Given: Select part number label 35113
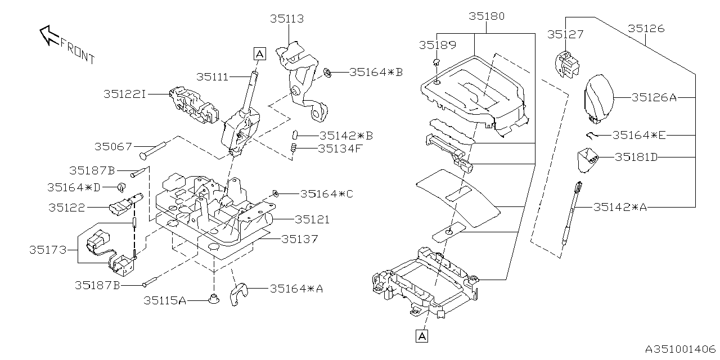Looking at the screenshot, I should pyautogui.click(x=287, y=19).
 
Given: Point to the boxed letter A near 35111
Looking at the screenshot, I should pyautogui.click(x=259, y=53).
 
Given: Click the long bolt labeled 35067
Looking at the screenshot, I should pyautogui.click(x=150, y=148).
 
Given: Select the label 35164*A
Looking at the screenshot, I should pyautogui.click(x=296, y=289).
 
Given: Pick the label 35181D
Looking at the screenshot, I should pyautogui.click(x=636, y=157).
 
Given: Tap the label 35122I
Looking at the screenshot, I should pyautogui.click(x=124, y=94).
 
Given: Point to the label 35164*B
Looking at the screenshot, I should pyautogui.click(x=376, y=72).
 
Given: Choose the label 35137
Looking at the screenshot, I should pyautogui.click(x=300, y=239).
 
